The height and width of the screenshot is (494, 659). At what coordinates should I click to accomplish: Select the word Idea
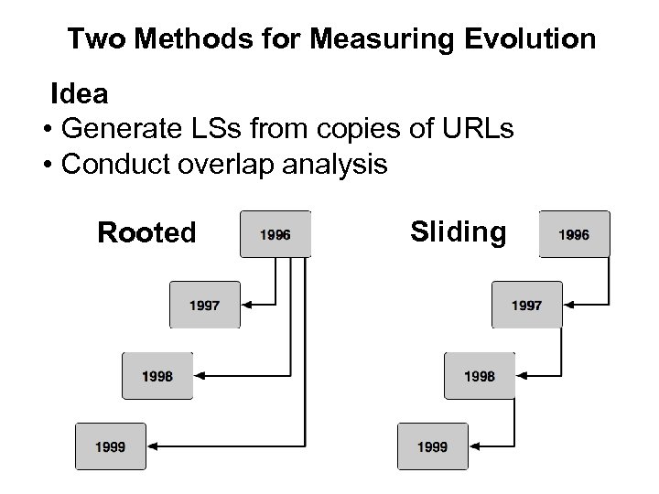point(80,93)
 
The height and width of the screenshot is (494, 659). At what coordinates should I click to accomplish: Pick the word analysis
point(341,165)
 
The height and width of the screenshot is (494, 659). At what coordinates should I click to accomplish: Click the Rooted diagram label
point(146,233)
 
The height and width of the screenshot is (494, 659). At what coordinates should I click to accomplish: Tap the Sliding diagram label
point(458,232)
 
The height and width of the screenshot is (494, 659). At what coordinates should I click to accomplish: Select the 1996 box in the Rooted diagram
point(275,234)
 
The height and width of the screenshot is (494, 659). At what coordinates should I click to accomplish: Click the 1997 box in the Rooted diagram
point(204,305)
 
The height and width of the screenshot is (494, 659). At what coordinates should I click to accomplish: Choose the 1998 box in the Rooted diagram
point(157,375)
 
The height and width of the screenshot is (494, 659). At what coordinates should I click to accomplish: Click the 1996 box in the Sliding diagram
point(574,234)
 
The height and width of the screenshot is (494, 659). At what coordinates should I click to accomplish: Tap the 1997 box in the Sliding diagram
point(526,305)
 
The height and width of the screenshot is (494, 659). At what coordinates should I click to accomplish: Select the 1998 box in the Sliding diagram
point(480,375)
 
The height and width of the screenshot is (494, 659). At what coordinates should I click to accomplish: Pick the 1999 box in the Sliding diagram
point(432,446)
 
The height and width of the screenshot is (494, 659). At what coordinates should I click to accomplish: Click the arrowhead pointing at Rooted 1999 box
point(157,446)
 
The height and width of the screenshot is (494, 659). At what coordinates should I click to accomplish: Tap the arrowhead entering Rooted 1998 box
point(202,375)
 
